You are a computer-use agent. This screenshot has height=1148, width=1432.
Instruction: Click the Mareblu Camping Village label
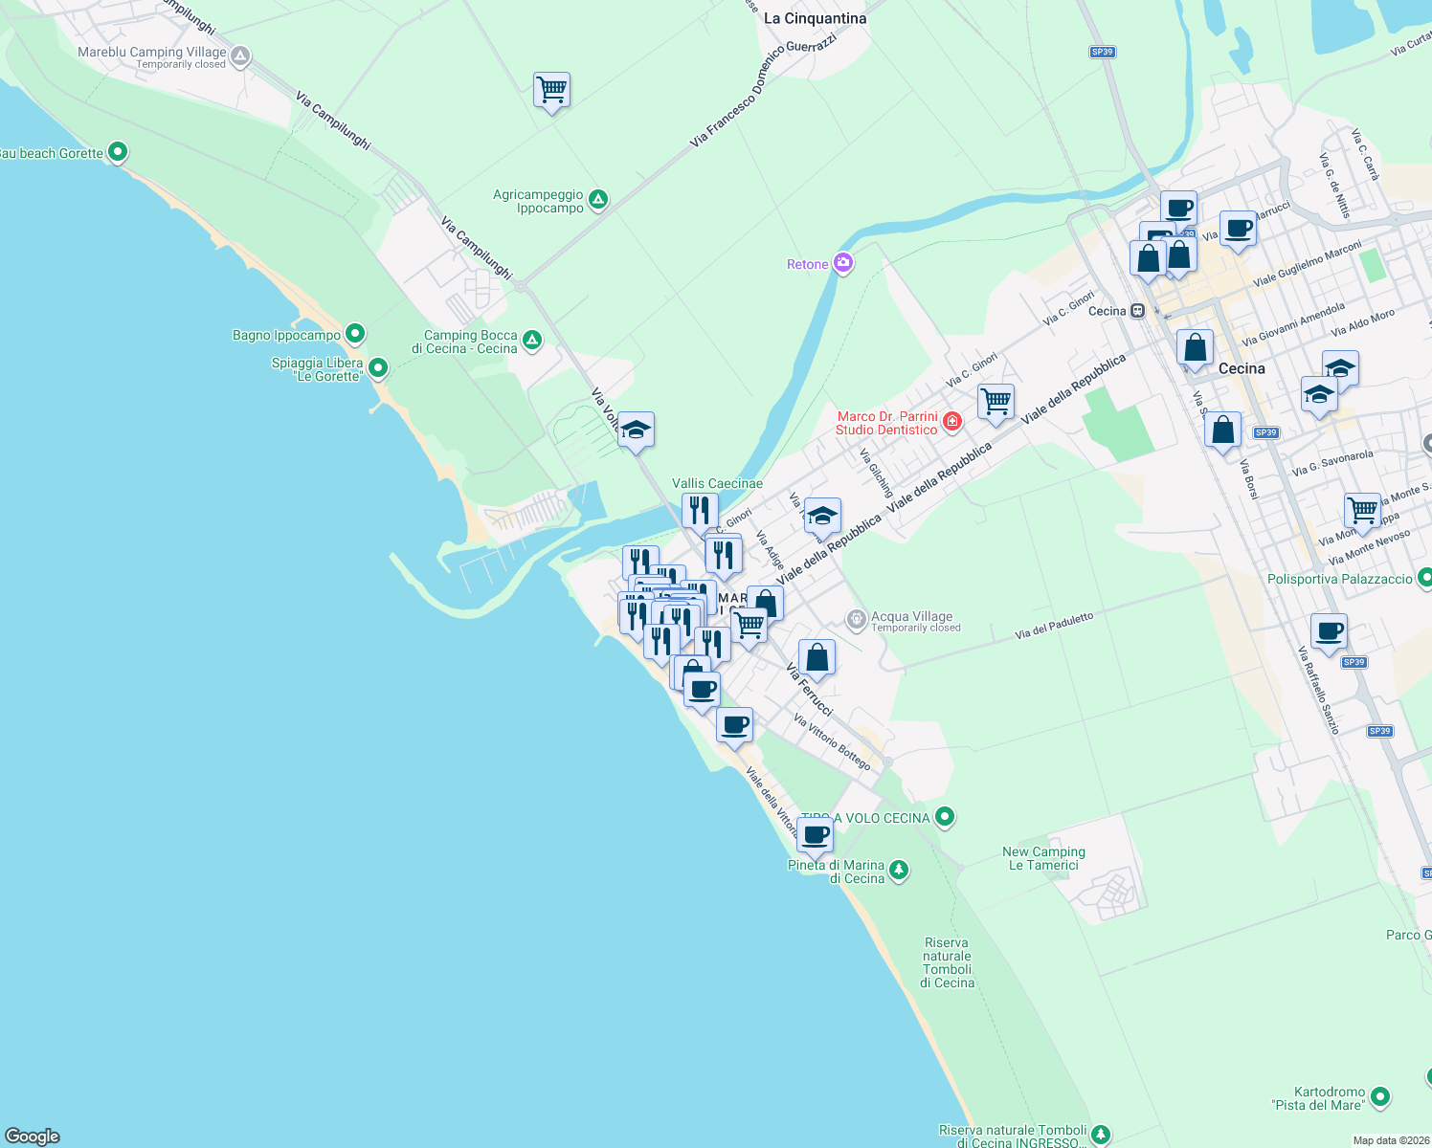[152, 53]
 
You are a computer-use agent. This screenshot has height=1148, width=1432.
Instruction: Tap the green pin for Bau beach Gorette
[118, 152]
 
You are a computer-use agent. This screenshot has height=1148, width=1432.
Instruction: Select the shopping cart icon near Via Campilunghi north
[551, 91]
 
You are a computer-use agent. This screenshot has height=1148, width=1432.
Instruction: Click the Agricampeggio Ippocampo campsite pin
[598, 199]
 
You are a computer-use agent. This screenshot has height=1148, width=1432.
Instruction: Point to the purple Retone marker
[843, 263]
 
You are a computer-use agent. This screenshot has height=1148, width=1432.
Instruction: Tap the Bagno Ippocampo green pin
[355, 334]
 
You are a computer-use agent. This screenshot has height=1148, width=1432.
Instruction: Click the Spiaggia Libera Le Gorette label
[317, 369]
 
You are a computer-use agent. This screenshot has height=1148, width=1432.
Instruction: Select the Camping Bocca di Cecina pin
[532, 340]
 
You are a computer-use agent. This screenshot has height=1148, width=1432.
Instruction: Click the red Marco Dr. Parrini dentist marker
[952, 421]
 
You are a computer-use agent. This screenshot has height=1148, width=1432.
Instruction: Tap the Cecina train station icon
[1137, 311]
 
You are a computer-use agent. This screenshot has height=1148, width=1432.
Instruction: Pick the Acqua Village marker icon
[857, 620]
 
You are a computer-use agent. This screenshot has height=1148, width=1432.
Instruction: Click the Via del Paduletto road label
[1054, 627]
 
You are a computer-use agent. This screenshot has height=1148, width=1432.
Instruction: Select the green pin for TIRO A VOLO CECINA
[945, 817]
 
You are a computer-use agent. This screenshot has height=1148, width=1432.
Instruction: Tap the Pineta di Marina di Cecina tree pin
[898, 871]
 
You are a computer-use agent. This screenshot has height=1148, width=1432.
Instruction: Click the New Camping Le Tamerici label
[1043, 858]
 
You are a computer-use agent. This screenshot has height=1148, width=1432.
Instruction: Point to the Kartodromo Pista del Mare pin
[1379, 1096]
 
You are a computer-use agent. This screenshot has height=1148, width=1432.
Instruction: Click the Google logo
[33, 1137]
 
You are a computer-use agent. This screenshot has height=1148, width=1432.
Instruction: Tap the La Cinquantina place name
[815, 18]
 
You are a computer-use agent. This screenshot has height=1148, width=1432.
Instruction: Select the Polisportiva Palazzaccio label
[1339, 579]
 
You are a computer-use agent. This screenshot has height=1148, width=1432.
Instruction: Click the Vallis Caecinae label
[717, 483]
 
